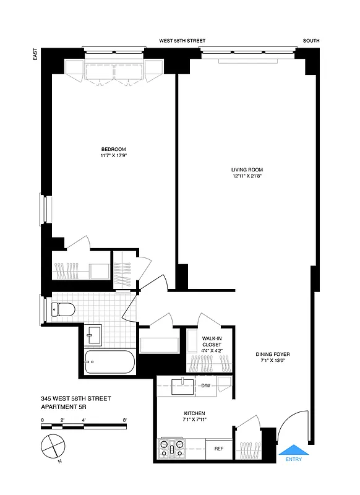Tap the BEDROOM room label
(x=114, y=149)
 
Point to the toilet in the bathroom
(x=61, y=308)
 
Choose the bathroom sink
(x=95, y=335)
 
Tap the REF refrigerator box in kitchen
(x=218, y=449)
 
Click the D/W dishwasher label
(x=205, y=386)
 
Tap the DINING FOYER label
(x=273, y=355)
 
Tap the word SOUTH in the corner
(x=311, y=41)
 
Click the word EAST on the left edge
(x=35, y=56)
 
